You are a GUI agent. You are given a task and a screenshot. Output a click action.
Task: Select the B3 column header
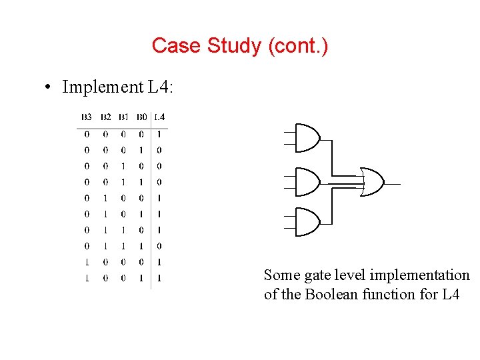coord(87,118)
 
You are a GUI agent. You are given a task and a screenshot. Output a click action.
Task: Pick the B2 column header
coord(105,118)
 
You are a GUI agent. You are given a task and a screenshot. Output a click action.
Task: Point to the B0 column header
coord(141,118)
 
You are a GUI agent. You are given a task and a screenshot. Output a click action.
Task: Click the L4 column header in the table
coord(160,118)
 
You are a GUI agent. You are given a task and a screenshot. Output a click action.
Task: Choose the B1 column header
coord(123,118)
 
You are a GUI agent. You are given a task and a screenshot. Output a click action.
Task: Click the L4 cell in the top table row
coord(159,134)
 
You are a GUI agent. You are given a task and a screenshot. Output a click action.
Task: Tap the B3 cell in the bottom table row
coord(87,278)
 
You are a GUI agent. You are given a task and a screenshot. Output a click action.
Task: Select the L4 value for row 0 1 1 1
coord(159,246)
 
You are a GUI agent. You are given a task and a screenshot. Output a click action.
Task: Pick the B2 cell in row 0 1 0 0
coord(105,198)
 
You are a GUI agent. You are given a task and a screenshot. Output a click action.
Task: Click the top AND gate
coord(307,139)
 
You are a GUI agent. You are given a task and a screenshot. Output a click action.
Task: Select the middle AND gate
coord(307,181)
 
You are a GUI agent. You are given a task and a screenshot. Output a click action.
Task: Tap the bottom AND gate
coord(307,223)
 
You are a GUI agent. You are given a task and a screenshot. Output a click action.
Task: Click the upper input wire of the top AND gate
coord(289,133)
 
